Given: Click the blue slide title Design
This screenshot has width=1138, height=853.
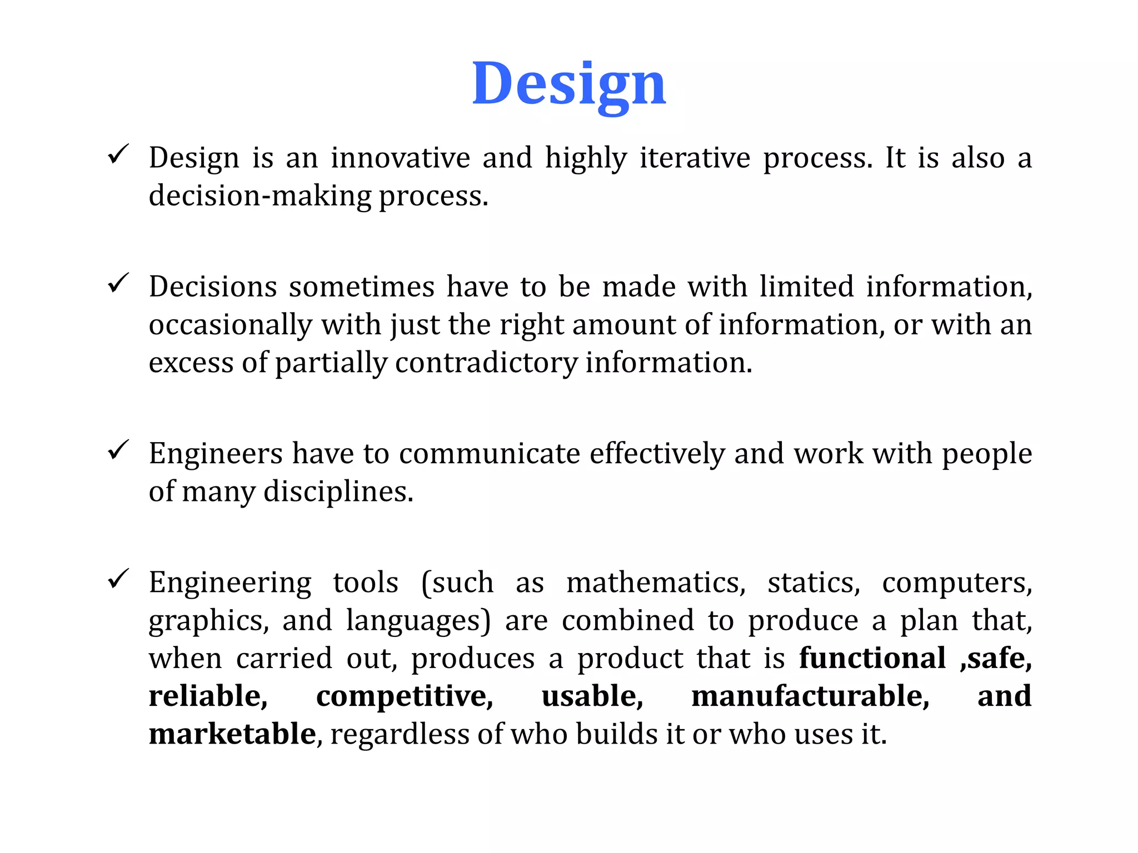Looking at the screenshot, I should (x=568, y=84).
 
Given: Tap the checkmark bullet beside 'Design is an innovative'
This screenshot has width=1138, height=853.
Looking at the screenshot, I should (x=118, y=154).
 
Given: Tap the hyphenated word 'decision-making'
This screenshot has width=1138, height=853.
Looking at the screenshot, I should (x=260, y=195).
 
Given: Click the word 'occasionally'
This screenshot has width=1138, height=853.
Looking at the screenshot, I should (x=231, y=325).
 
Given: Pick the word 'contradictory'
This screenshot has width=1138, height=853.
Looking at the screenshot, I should (x=486, y=363).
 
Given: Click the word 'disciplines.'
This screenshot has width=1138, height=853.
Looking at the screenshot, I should (x=338, y=491).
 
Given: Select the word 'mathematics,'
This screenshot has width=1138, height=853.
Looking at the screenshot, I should (x=656, y=583).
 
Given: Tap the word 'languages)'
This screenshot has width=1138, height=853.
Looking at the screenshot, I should (x=418, y=620).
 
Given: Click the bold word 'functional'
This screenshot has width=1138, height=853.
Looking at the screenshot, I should (x=872, y=658).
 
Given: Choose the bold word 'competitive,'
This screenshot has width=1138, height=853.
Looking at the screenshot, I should (x=405, y=696).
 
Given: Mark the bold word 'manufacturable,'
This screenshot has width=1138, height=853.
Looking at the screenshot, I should (x=810, y=696).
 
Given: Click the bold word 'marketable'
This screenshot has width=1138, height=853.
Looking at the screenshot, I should (x=232, y=734).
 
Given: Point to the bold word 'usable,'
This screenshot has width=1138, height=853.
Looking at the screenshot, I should (x=592, y=696).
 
